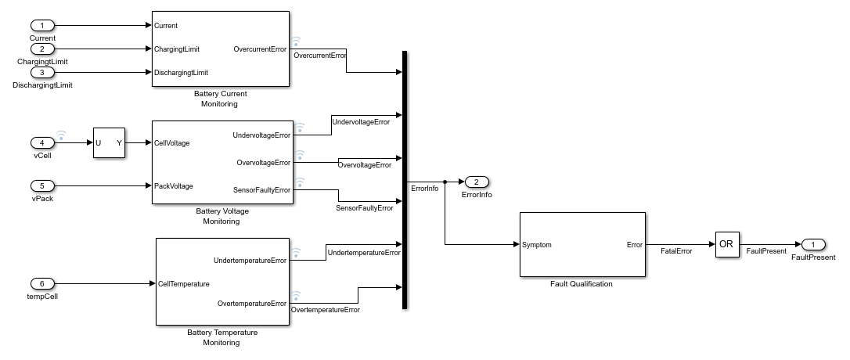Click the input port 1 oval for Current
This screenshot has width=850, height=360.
(42, 26)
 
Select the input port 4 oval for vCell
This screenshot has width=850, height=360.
(42, 142)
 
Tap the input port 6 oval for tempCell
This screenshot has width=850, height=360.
(42, 283)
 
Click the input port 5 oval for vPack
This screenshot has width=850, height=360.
(42, 186)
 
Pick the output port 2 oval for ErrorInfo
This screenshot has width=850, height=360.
(477, 182)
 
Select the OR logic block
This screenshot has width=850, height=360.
(726, 244)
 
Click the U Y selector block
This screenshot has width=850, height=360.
(109, 142)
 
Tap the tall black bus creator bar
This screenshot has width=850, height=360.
(405, 180)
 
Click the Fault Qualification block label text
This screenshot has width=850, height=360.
(582, 284)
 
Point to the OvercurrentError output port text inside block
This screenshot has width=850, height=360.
(261, 49)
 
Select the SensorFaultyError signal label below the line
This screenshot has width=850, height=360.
(364, 209)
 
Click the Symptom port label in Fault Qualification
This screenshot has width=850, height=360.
(537, 245)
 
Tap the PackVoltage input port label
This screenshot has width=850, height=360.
(174, 186)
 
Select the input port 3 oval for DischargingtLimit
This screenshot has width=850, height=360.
(42, 72)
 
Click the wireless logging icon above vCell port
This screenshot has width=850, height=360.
(61, 135)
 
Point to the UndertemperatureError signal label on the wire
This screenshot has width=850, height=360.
(363, 253)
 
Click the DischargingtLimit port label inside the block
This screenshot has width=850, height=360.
(181, 72)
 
